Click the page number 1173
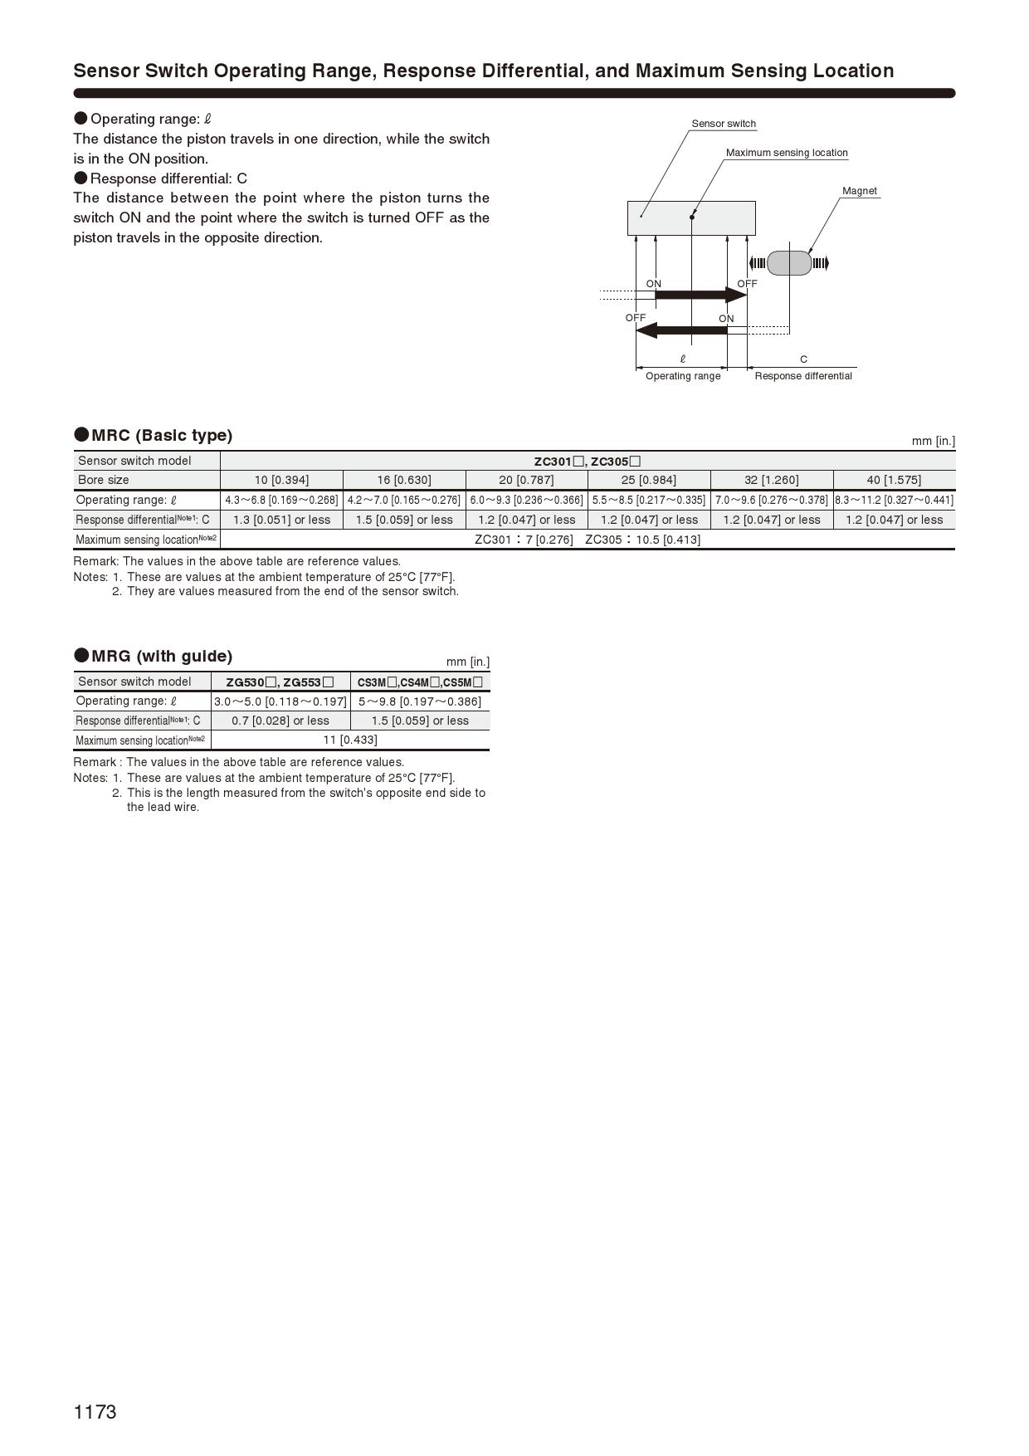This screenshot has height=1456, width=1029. (x=95, y=1412)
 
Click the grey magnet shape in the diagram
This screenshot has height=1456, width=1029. (x=788, y=263)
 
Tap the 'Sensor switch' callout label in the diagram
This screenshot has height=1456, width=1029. (x=724, y=124)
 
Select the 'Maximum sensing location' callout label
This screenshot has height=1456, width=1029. (x=787, y=153)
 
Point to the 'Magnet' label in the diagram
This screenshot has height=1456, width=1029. (x=859, y=191)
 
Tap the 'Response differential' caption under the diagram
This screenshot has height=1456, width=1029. (x=802, y=376)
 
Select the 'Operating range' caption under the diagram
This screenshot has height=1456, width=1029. (x=683, y=376)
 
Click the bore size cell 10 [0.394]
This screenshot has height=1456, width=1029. (x=281, y=480)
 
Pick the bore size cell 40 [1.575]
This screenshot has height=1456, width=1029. (x=894, y=480)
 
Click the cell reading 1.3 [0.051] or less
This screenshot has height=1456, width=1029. (x=281, y=520)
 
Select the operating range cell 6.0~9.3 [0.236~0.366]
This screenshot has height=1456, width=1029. (x=526, y=500)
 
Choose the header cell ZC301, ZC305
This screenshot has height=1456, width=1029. (x=587, y=461)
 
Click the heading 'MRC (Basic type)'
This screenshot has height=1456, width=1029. (x=161, y=435)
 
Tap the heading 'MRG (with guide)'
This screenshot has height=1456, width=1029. (x=161, y=656)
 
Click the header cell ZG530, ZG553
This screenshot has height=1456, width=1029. (x=280, y=682)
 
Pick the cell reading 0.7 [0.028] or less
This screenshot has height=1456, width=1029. (x=280, y=721)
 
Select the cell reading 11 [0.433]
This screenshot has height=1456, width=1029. (x=349, y=740)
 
